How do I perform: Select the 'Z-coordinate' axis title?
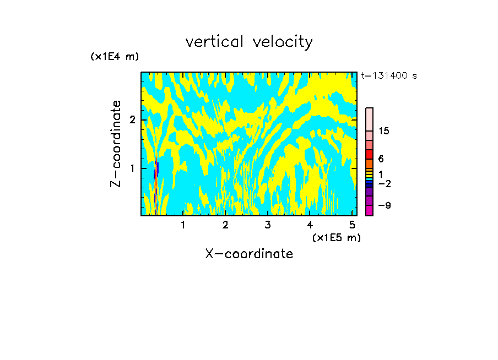(116, 144)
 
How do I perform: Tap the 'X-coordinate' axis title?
(249, 254)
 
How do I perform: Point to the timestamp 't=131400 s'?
(389, 76)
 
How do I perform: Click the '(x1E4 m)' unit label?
(115, 57)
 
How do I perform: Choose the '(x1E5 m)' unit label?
(336, 237)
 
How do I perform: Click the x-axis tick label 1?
(183, 225)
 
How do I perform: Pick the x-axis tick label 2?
(225, 225)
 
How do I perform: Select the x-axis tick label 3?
(268, 225)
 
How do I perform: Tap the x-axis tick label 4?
(310, 225)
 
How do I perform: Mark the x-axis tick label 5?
(352, 225)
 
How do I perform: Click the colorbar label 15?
(385, 131)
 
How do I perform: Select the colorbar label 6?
(381, 159)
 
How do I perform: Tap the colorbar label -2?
(385, 183)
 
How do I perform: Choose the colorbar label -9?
(385, 205)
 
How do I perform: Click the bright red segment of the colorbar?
(370, 154)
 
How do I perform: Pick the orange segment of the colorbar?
(370, 163)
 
